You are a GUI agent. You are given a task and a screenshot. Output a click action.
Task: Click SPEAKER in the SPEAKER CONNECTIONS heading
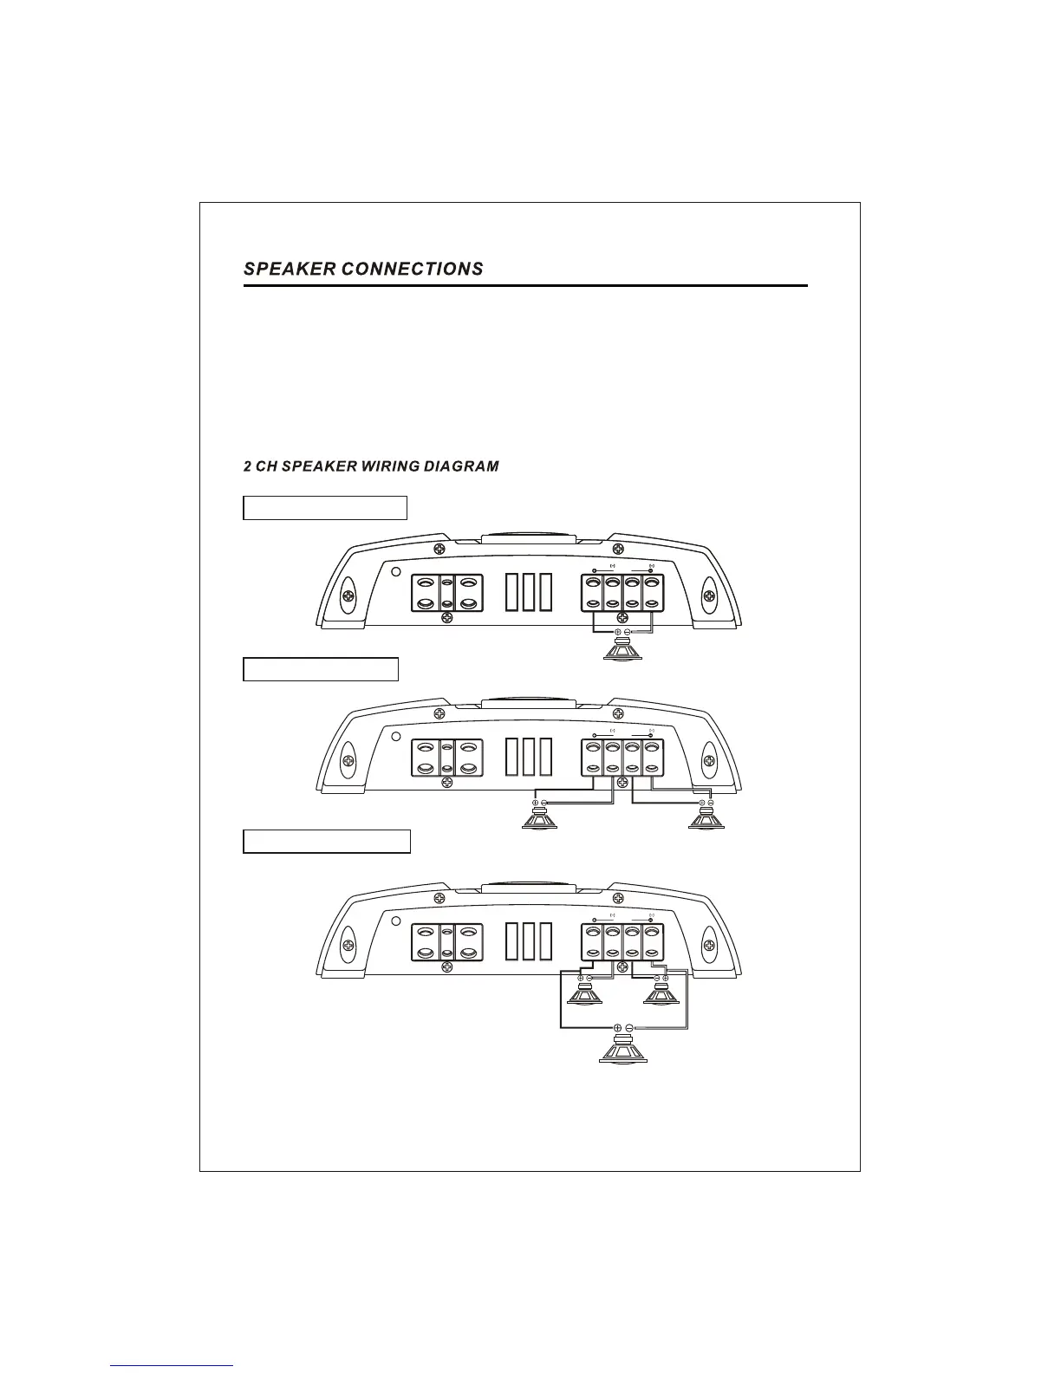(x=290, y=269)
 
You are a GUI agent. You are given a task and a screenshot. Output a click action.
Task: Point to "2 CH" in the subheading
(x=257, y=466)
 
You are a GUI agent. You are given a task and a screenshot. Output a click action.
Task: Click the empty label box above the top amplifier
(x=325, y=507)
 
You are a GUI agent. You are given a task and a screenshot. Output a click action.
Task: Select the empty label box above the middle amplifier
(x=321, y=669)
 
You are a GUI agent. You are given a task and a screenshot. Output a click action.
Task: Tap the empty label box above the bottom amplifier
(x=326, y=841)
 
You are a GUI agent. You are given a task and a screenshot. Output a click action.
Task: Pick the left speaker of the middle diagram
(x=541, y=818)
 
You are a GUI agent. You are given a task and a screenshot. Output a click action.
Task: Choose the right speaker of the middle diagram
(x=706, y=818)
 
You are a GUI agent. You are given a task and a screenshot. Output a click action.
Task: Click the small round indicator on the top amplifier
(x=395, y=573)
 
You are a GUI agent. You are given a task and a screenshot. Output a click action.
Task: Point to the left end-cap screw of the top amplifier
(x=347, y=597)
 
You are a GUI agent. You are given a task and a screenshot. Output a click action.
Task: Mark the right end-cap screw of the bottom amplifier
(x=709, y=944)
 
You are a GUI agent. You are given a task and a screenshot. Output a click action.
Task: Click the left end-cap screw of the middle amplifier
(x=347, y=761)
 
